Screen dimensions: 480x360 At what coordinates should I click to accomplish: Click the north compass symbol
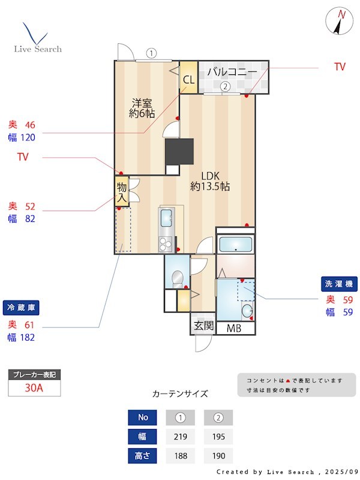(340, 22)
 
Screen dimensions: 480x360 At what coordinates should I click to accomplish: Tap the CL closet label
(188, 79)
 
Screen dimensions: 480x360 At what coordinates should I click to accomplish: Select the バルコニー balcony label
(232, 73)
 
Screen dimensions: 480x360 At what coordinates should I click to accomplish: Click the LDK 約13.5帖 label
(210, 181)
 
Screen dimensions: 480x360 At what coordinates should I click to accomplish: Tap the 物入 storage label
(122, 191)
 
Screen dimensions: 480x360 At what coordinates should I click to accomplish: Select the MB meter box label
(234, 328)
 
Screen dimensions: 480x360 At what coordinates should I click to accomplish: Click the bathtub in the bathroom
(235, 244)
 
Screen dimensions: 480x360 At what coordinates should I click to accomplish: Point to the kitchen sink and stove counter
(165, 230)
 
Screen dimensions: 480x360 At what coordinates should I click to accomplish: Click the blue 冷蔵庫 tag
(22, 307)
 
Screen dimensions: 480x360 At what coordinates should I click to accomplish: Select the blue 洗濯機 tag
(340, 283)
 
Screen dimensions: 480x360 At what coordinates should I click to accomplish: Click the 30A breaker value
(34, 388)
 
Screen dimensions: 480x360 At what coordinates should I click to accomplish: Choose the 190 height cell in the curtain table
(218, 456)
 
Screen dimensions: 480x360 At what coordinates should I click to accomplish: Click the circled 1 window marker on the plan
(151, 53)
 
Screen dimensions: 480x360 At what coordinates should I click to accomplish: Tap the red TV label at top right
(340, 67)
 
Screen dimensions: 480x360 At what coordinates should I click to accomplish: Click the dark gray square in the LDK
(179, 151)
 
